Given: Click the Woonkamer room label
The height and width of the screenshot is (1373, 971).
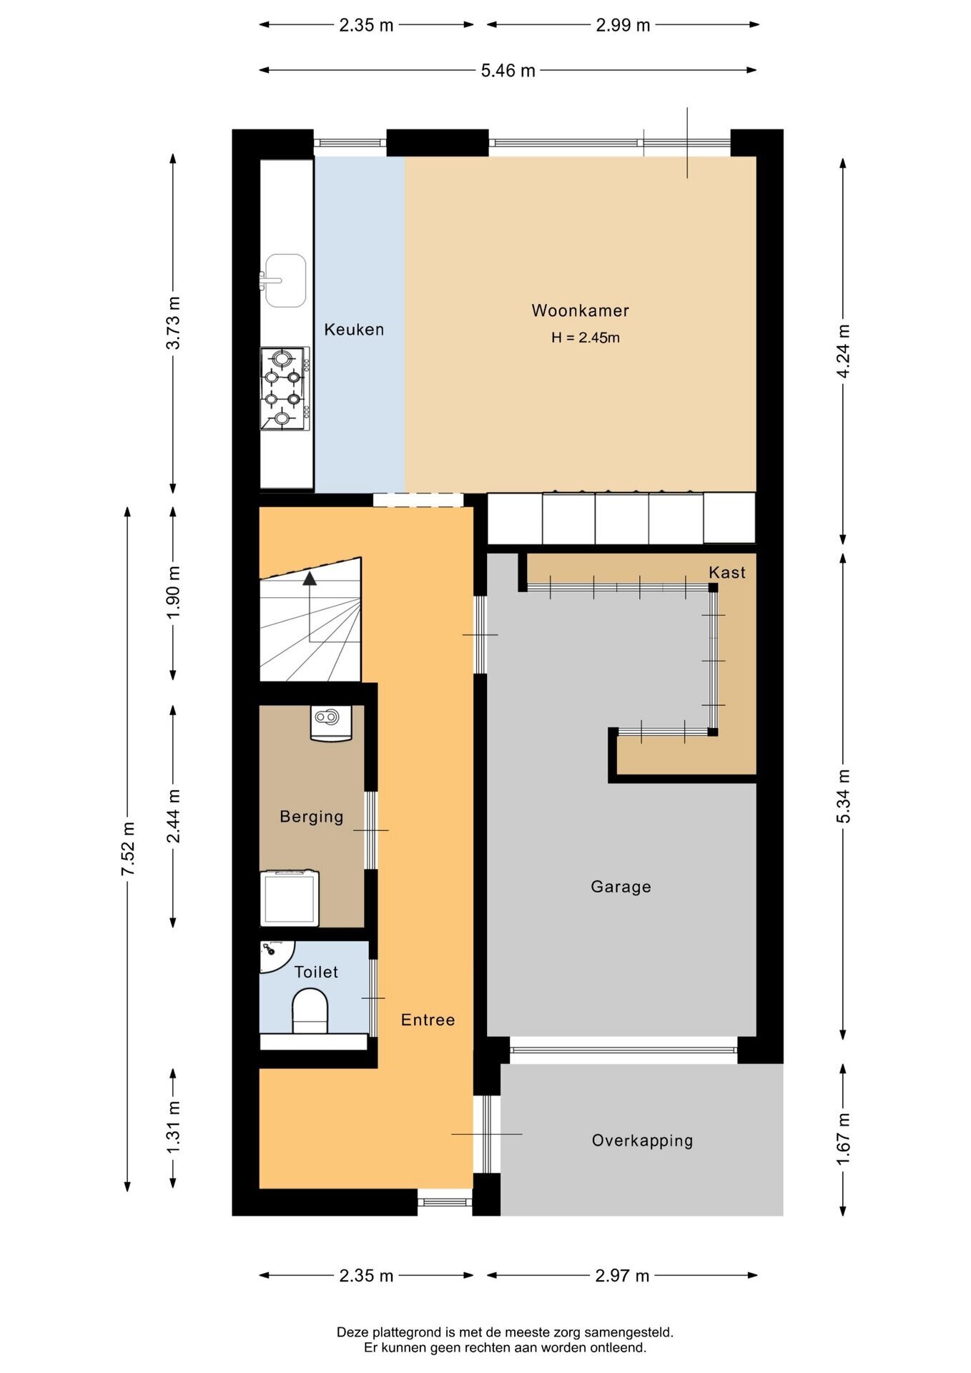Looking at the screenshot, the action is pos(580,310).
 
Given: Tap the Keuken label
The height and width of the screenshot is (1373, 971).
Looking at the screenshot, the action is pos(354,330).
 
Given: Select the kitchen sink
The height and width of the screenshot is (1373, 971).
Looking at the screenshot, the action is pos(284,280).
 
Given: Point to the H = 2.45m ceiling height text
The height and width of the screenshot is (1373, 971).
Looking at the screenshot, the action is pos(585,338).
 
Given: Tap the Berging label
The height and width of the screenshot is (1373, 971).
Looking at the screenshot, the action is pos(311,817).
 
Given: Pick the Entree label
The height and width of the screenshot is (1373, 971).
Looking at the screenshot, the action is pos(428,1020).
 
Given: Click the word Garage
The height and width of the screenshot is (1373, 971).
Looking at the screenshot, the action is pos(621,887).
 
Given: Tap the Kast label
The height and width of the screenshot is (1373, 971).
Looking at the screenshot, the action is pos(727,572).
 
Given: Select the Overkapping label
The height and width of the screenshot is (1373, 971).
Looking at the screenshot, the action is pos(642,1141).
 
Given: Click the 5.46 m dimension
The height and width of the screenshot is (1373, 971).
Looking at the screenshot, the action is pos(508,70).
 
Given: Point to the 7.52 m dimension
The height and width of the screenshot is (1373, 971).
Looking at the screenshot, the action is pos(128,849).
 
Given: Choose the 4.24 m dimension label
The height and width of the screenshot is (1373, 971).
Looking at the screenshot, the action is pos(844,351).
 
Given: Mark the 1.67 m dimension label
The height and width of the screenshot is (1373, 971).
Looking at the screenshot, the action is pos(844,1138).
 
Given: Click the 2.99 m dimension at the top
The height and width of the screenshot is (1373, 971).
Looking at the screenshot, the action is pos(623,25).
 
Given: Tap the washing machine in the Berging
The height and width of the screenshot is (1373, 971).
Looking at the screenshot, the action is pos(290,898).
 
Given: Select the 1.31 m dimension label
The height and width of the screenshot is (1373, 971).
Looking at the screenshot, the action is pos(173,1127).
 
